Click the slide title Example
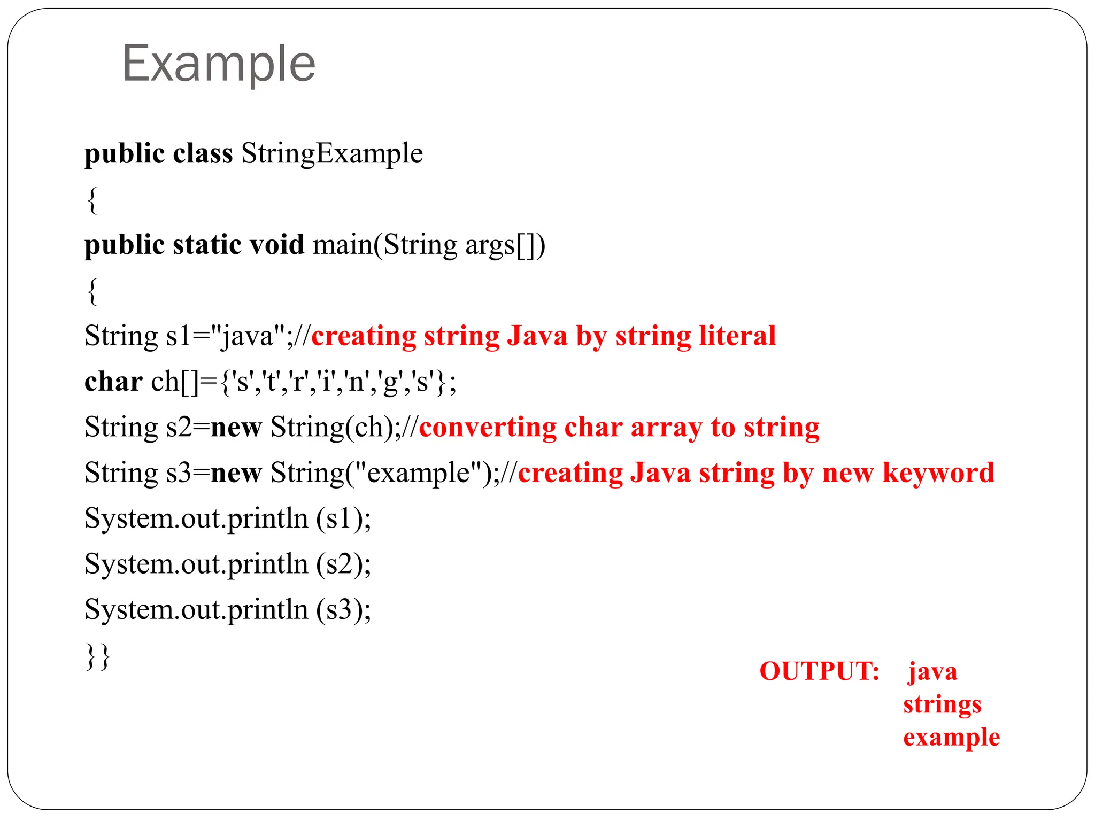(x=219, y=64)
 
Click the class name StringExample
(x=331, y=153)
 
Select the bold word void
(x=277, y=245)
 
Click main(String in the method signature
(x=384, y=245)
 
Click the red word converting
(x=487, y=428)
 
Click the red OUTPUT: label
(x=819, y=671)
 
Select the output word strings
(x=942, y=704)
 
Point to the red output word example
(x=951, y=738)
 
